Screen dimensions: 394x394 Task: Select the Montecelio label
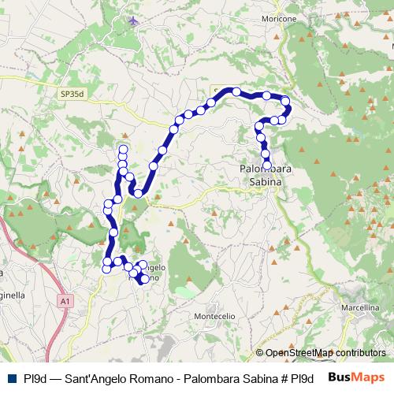click(x=215, y=315)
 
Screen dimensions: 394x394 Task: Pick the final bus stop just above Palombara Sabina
click(x=267, y=164)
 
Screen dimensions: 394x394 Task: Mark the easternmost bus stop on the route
click(x=287, y=108)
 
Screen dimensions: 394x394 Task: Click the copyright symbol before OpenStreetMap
click(x=260, y=354)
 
